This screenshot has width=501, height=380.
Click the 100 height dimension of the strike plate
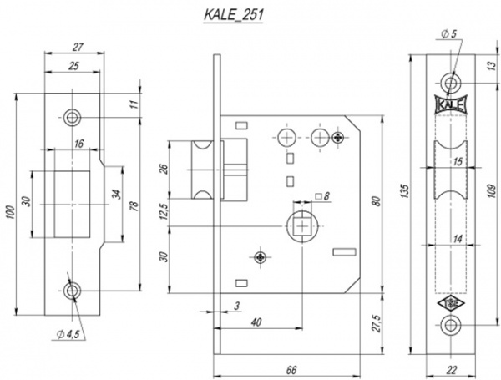(x=11, y=204)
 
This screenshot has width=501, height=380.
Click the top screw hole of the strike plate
(x=72, y=116)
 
